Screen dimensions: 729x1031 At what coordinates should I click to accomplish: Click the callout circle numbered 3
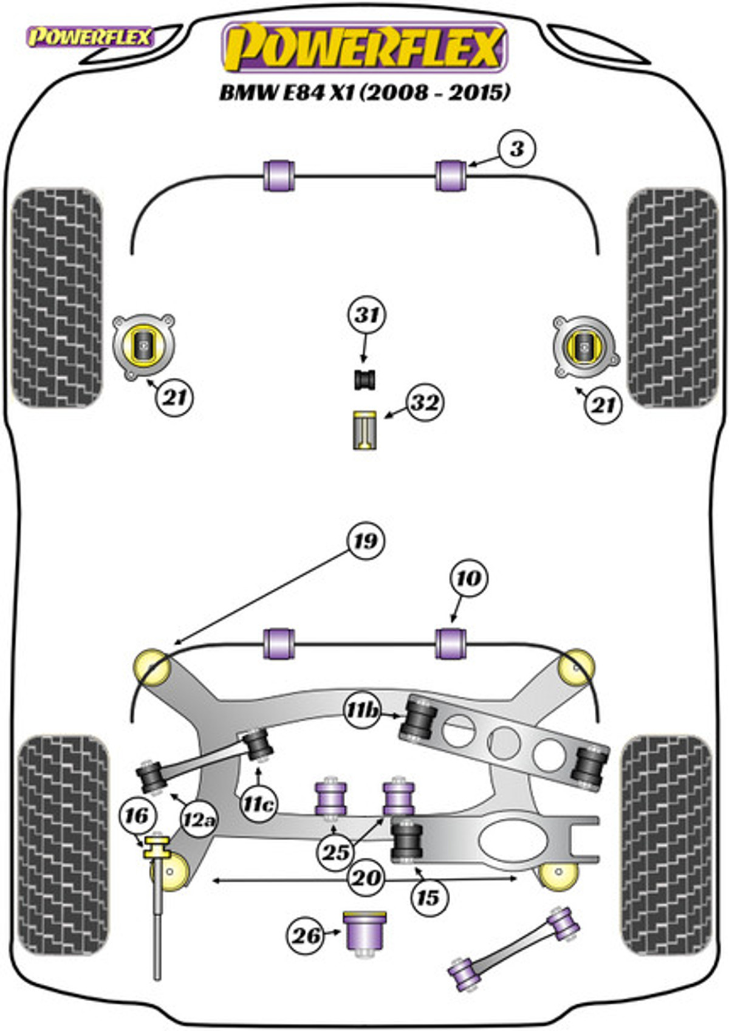click(x=517, y=149)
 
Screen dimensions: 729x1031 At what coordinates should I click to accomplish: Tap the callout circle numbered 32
click(x=424, y=403)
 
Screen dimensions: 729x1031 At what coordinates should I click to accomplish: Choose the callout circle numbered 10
click(x=468, y=578)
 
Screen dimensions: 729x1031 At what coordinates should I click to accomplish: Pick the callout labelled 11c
click(x=258, y=805)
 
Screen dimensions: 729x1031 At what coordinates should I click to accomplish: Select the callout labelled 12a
click(x=198, y=819)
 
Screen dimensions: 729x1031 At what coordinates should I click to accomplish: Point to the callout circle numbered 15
click(x=428, y=897)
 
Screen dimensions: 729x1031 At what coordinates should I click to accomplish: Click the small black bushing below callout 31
click(x=364, y=380)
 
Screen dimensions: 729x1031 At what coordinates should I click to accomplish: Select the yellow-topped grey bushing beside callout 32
click(x=364, y=430)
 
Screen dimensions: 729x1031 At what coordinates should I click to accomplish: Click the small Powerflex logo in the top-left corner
click(x=90, y=37)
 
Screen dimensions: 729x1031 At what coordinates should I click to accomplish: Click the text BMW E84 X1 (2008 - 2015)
click(x=364, y=93)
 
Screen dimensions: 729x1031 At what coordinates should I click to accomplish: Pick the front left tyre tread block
click(x=56, y=298)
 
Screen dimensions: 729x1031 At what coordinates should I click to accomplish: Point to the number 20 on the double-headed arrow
click(x=366, y=878)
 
